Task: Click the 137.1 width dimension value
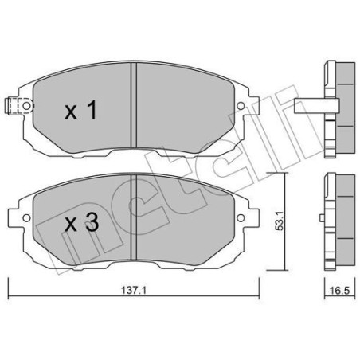tap(134, 291)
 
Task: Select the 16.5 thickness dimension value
tap(339, 291)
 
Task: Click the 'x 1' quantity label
tap(81, 111)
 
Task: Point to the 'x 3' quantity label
tap(82, 222)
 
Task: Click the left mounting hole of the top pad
tap(26, 106)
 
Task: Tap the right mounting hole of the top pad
tap(241, 106)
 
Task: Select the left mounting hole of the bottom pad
tap(26, 218)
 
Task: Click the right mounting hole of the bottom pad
tap(241, 218)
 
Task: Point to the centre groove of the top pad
tap(134, 105)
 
